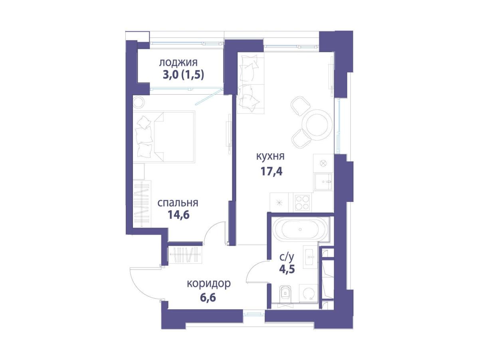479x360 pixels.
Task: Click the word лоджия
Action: tap(178, 63)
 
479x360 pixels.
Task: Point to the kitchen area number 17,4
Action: tap(271, 172)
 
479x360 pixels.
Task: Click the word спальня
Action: tap(178, 203)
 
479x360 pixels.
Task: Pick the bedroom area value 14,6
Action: tap(178, 215)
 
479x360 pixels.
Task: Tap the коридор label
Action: tap(209, 284)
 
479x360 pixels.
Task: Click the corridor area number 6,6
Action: tap(208, 297)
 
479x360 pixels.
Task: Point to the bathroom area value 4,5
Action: tap(287, 269)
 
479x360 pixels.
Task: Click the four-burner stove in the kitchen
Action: tap(302, 202)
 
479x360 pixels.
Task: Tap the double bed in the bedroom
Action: tap(164, 137)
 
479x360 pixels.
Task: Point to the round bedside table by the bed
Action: tap(139, 102)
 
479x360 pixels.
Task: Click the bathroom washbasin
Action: tap(310, 257)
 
